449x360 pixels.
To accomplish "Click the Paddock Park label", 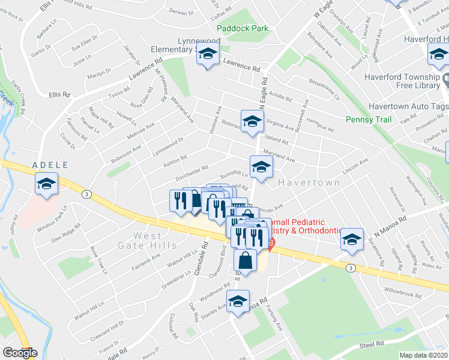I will click(242, 28).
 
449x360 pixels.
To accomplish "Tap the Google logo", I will click(20, 353).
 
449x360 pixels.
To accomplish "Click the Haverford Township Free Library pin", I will click(445, 80).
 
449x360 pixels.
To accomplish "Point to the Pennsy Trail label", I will click(369, 119).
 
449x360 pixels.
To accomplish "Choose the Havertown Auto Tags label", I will click(406, 106).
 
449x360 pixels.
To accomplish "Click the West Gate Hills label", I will click(156, 240).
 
